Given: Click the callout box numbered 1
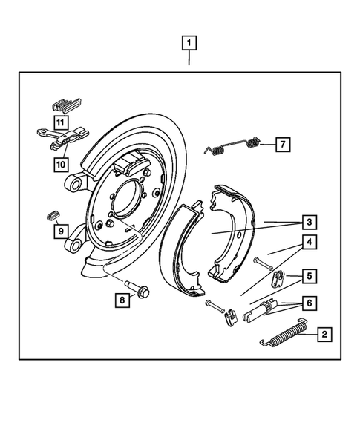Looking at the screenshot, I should click(189, 43).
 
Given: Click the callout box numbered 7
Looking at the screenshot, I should click(282, 145).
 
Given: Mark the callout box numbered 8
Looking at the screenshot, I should click(120, 300).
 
